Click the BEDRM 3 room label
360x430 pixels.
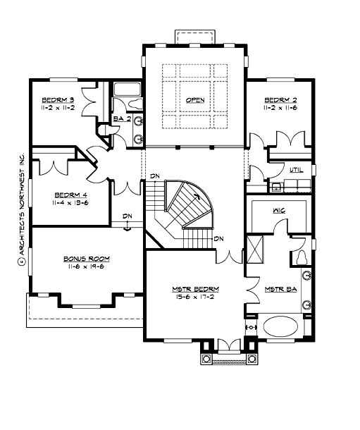(x=58, y=99)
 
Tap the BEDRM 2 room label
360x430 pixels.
(x=279, y=99)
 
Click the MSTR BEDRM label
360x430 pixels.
(x=195, y=289)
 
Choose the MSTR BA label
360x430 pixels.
(x=279, y=289)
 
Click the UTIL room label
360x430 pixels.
(x=295, y=170)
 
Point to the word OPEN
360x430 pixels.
(x=195, y=100)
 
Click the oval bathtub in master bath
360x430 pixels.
(x=280, y=328)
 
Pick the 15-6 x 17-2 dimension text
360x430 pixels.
(x=195, y=297)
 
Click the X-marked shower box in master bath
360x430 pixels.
(x=255, y=248)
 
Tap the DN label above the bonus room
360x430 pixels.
(x=127, y=216)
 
